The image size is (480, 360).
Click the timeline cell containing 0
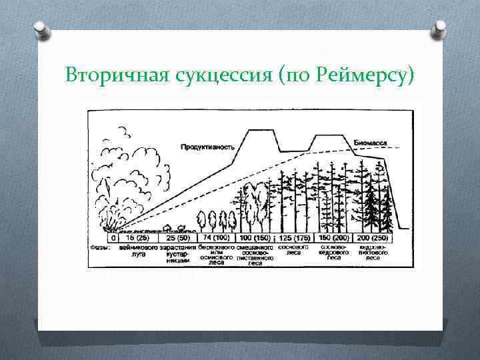coord(113,238)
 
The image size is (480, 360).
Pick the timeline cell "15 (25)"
coord(137,238)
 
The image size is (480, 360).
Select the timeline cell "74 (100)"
coord(215,238)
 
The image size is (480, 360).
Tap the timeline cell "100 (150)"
coord(253,238)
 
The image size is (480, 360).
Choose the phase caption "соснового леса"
coord(292,250)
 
